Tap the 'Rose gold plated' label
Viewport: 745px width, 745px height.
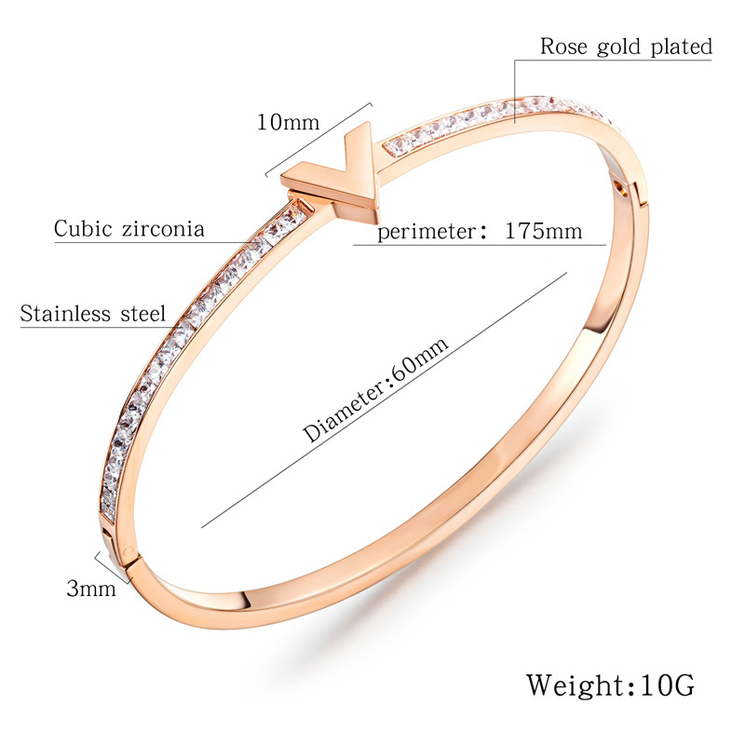coord(626,47)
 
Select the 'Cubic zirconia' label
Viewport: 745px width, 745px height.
coord(129,228)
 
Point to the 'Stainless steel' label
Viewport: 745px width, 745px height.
coord(93,314)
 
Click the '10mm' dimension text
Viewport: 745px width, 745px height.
coord(288,123)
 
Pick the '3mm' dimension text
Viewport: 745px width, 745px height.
coord(91,589)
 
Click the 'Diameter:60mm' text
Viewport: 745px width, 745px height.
coord(375,389)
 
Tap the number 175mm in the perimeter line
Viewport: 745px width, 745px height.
coord(543,231)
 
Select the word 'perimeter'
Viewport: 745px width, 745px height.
coord(427,232)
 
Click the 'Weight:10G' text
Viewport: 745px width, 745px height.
coord(610,685)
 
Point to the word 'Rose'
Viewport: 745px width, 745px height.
coord(564,47)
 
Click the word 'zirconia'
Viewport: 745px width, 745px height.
coord(163,228)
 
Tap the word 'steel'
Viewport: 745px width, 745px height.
coord(143,314)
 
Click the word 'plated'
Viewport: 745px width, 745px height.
coord(682,47)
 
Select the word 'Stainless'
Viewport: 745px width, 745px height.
coord(65,314)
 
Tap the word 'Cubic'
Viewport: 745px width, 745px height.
coord(83,228)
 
